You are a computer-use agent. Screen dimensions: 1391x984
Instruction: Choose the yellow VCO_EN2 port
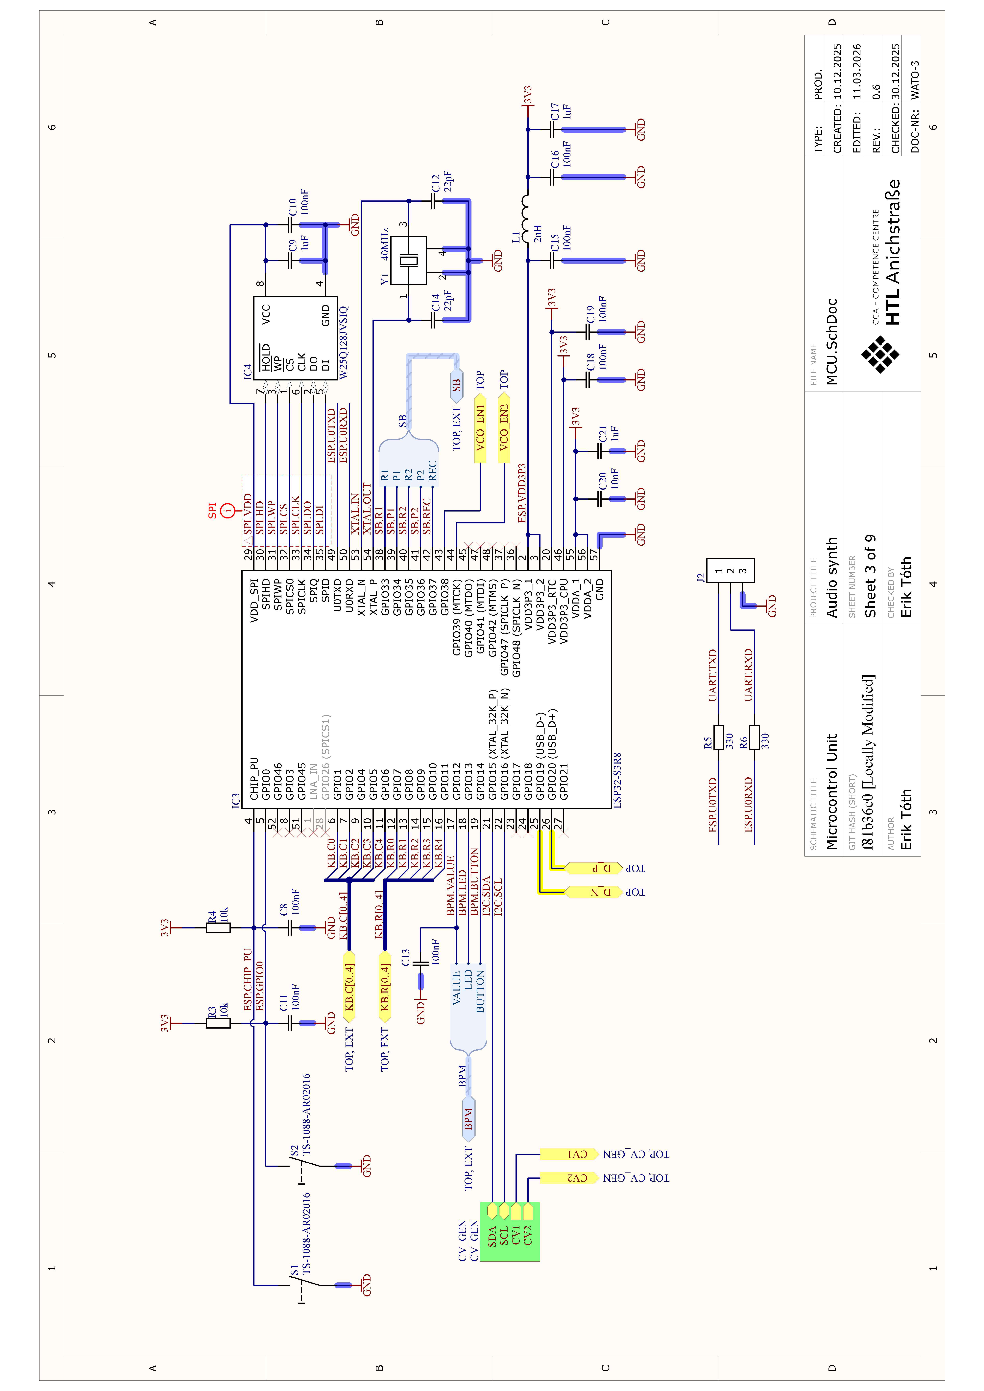pos(504,427)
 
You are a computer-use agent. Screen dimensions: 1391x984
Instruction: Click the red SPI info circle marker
pos(228,511)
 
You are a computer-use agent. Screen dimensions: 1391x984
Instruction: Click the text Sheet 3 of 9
pos(871,576)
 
